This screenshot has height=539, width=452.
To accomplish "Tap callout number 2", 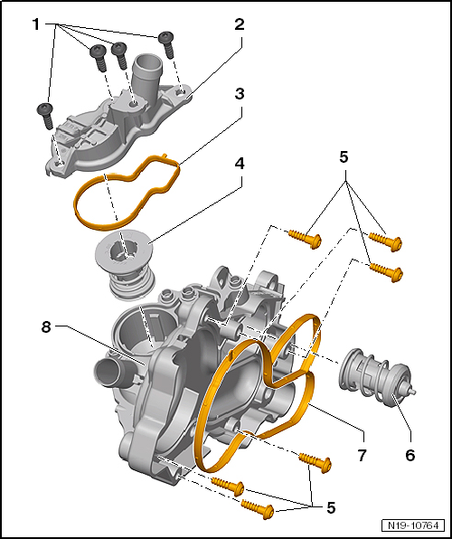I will coord(239,24).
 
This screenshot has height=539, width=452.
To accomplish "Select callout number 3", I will coord(239,93).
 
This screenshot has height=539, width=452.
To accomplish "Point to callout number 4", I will coord(239,166).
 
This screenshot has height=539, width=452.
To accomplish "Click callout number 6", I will coord(410,455).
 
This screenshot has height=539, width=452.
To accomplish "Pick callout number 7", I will coord(362,455).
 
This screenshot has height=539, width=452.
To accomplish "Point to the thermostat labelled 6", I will coord(374,376).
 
